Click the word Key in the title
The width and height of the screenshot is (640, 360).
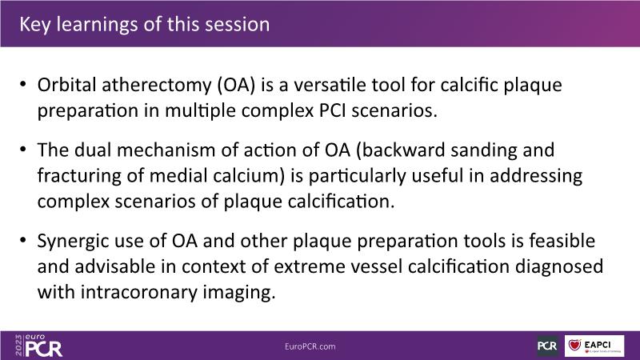35,25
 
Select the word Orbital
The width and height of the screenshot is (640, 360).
67,85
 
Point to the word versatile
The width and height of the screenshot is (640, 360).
330,85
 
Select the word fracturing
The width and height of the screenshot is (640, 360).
79,177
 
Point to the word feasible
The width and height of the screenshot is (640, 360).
562,241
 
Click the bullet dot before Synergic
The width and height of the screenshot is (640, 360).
23,239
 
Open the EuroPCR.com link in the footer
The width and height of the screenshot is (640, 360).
310,346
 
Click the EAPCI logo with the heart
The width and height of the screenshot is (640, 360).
594,346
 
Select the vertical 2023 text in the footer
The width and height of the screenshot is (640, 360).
18,346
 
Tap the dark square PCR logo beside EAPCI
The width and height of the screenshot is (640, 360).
547,346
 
